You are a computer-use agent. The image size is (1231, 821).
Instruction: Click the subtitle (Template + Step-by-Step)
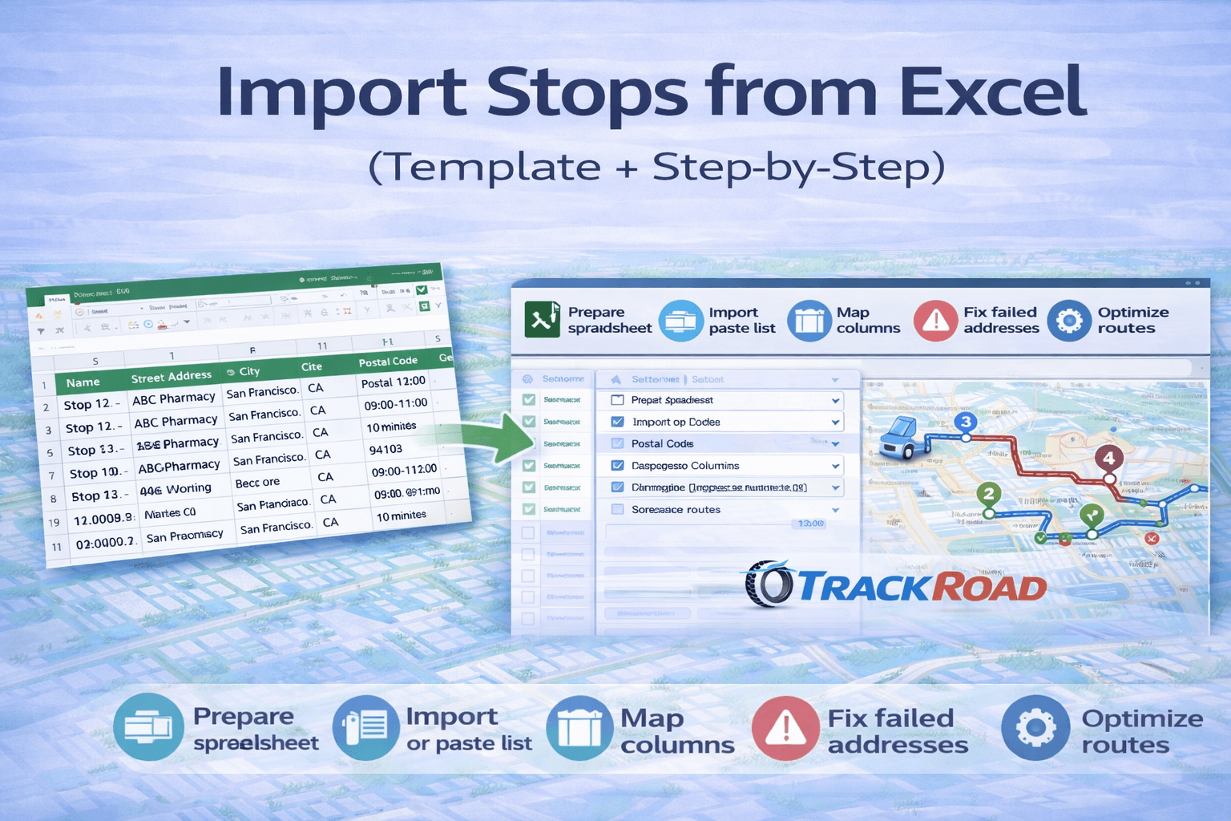coord(656,168)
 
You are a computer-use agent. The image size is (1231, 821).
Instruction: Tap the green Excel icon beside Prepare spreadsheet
coord(543,319)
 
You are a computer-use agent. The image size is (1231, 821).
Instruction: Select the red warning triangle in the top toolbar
coord(935,321)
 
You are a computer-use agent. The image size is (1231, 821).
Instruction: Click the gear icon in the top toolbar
coord(1069,321)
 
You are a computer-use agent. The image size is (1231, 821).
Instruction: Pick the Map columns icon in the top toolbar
coord(809,321)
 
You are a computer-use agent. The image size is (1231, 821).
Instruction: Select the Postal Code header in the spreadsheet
coord(388,362)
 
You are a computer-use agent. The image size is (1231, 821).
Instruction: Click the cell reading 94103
coord(385,450)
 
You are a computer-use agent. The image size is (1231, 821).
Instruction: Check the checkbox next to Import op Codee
coord(617,422)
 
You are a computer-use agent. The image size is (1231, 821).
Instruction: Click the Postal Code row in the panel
coord(662,443)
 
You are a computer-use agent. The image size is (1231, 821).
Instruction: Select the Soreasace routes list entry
coord(676,509)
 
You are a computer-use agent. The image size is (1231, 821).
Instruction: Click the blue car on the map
coord(899,438)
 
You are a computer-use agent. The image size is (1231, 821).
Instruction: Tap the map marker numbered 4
coord(1108,459)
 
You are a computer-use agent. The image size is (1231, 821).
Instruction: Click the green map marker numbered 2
coord(988,494)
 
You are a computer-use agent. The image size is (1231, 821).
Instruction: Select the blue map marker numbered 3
coord(966,422)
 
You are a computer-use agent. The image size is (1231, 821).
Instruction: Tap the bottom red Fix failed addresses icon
coord(785,728)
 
